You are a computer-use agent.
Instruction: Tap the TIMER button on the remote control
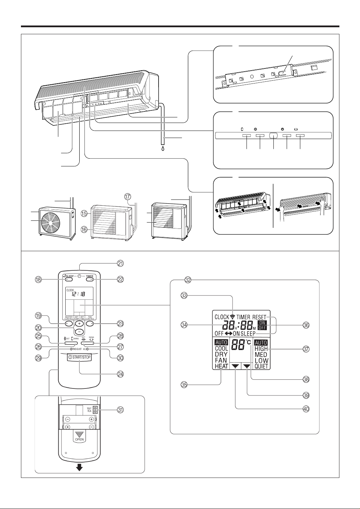coord(90,279)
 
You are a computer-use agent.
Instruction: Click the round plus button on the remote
coord(79,323)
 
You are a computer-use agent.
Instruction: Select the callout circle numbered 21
coord(121,263)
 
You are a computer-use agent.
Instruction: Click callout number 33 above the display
coord(184,296)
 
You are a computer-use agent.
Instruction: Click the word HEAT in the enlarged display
coord(221,366)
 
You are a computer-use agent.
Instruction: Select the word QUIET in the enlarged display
coord(262,366)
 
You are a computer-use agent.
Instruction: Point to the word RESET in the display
coord(259,318)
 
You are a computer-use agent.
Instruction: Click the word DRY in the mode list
coord(221,354)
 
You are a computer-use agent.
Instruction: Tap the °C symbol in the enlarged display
coord(248,343)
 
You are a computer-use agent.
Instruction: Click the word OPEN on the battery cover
coord(79,439)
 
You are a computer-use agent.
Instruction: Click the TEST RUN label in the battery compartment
coord(89,409)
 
